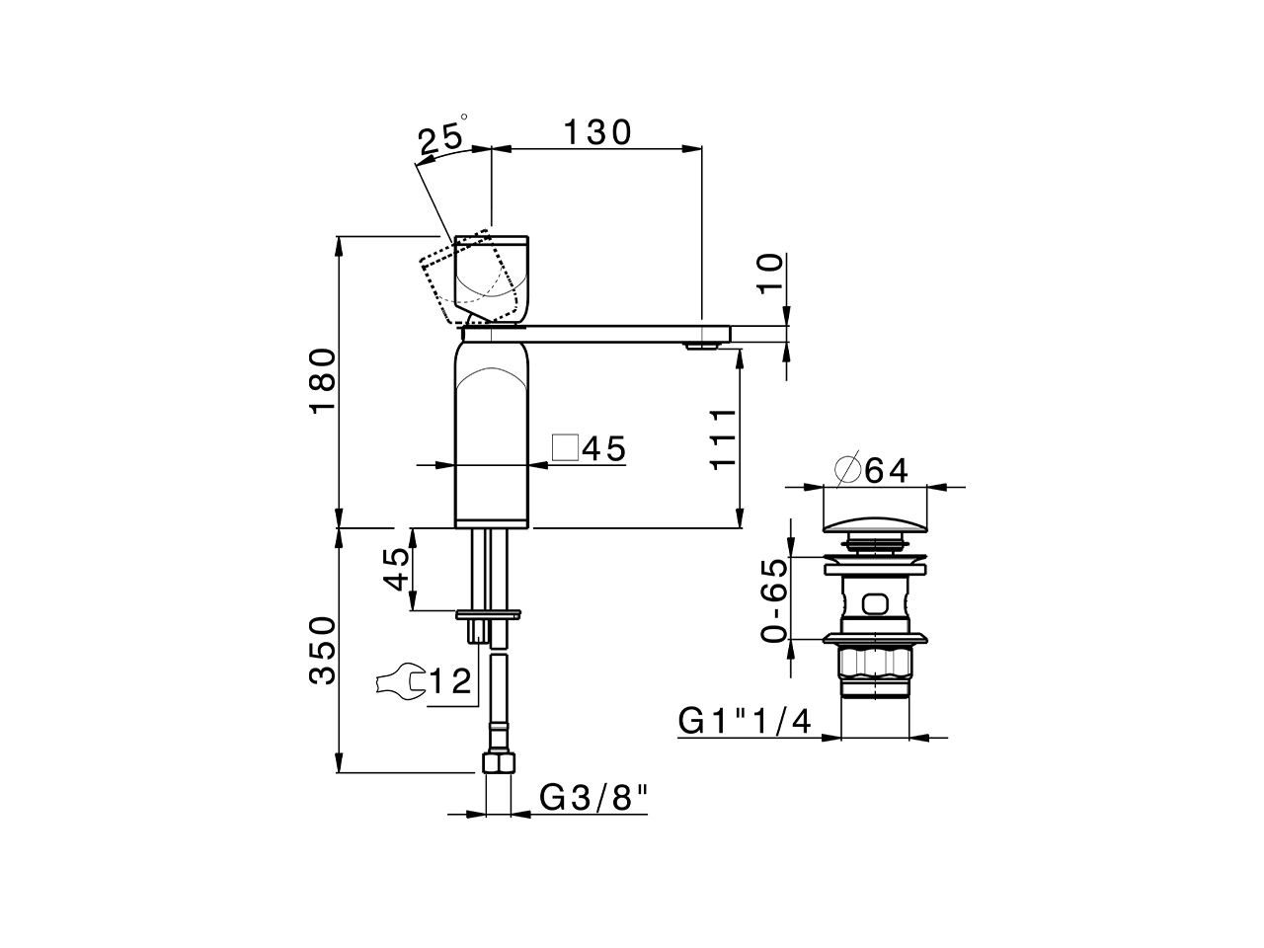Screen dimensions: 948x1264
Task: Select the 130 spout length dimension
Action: tap(596, 131)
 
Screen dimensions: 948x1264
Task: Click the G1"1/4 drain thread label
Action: tap(745, 721)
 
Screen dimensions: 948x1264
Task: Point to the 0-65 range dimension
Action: tap(775, 600)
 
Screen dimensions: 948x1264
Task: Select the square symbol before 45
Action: tap(564, 448)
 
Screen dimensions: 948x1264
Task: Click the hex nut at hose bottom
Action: tap(499, 763)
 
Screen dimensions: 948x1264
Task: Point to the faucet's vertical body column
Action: tap(493, 434)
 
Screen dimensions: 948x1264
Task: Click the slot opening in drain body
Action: tap(873, 602)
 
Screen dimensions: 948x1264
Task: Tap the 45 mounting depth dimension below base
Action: tap(396, 569)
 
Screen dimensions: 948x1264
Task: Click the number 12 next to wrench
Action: tap(449, 681)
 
